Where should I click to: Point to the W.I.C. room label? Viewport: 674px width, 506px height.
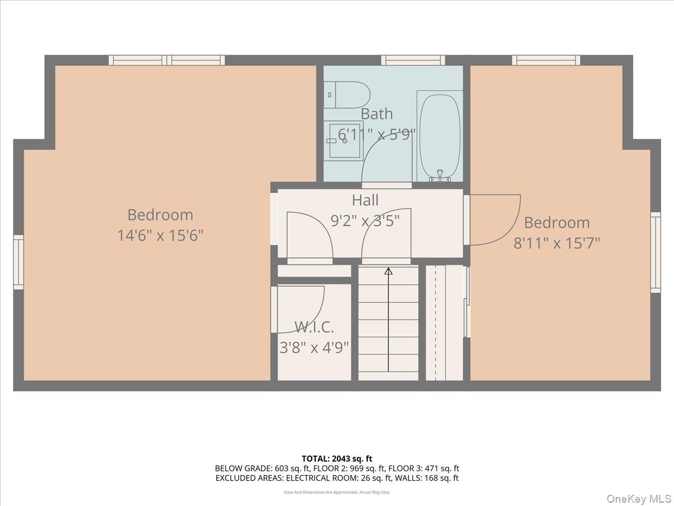pos(314,327)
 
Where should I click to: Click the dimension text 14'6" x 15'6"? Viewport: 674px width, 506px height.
pos(160,235)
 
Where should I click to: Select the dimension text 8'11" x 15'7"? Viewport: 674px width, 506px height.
pos(557,243)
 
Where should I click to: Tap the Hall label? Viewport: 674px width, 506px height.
pos(365,200)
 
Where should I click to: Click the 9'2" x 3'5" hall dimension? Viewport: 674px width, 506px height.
pos(365,221)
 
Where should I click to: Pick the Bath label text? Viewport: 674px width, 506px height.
pos(376,114)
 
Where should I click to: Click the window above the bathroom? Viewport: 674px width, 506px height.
pos(413,60)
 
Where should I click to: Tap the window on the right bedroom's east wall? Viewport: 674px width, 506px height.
pos(655,252)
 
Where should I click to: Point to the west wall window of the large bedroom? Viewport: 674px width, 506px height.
pos(19,262)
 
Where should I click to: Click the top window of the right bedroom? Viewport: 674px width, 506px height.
pos(546,60)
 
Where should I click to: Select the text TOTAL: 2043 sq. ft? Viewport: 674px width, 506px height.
pos(337,459)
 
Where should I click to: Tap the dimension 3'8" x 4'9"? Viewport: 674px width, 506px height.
pos(314,347)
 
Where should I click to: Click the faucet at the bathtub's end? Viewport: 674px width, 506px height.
pos(440,175)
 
